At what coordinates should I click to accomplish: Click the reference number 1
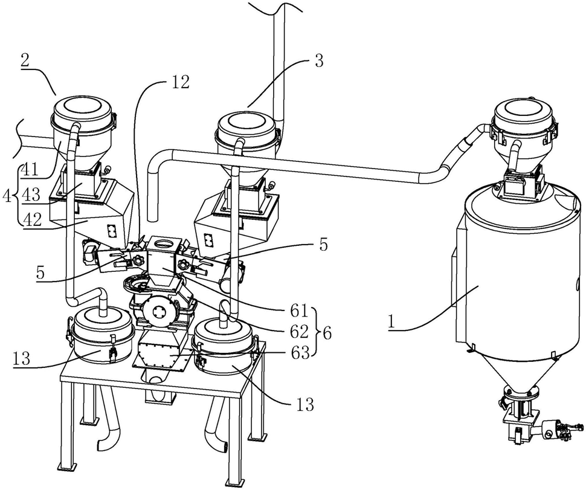click(x=391, y=322)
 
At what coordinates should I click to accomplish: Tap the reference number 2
click(x=25, y=60)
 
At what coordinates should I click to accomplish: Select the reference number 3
click(x=318, y=60)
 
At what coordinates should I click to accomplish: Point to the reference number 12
click(x=180, y=82)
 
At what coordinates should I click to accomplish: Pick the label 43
click(x=30, y=195)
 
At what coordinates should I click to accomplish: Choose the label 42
click(x=31, y=219)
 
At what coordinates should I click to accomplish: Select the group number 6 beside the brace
click(x=327, y=332)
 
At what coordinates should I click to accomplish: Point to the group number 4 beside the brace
click(x=7, y=195)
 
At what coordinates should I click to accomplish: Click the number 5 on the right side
click(x=323, y=245)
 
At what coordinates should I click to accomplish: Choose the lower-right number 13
click(x=305, y=404)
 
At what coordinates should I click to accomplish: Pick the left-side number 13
click(x=21, y=359)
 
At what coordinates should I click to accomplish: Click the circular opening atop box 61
click(x=163, y=243)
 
